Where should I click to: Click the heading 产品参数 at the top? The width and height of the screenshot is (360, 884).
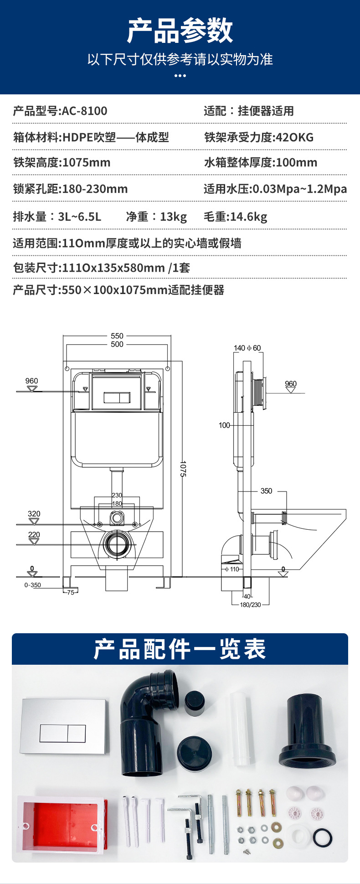(x=180, y=31)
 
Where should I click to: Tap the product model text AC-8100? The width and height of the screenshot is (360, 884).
(x=84, y=111)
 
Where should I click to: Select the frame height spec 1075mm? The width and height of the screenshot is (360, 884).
(x=86, y=162)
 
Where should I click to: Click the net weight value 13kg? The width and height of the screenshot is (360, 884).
(x=173, y=217)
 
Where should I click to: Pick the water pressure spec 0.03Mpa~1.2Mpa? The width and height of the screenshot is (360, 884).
(x=299, y=189)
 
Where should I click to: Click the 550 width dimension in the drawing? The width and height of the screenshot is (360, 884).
(x=117, y=336)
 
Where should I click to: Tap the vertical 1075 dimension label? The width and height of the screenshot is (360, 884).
(x=183, y=469)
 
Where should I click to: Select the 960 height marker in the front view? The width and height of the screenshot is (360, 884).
(x=32, y=381)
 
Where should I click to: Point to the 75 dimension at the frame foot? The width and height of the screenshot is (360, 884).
(x=70, y=592)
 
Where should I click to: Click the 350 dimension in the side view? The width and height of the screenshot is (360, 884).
(x=266, y=491)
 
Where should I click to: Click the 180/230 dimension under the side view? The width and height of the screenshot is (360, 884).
(x=250, y=605)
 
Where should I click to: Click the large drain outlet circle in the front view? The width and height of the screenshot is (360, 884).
(x=118, y=544)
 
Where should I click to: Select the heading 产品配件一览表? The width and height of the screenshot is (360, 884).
(x=180, y=649)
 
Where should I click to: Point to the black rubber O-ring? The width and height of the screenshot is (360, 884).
(x=323, y=837)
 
